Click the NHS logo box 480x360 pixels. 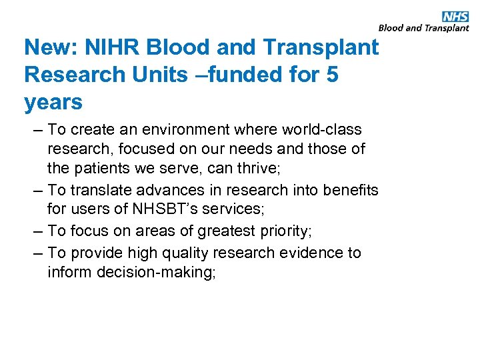tap(455, 17)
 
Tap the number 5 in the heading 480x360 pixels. tap(331, 75)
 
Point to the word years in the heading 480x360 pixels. tap(53, 103)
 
